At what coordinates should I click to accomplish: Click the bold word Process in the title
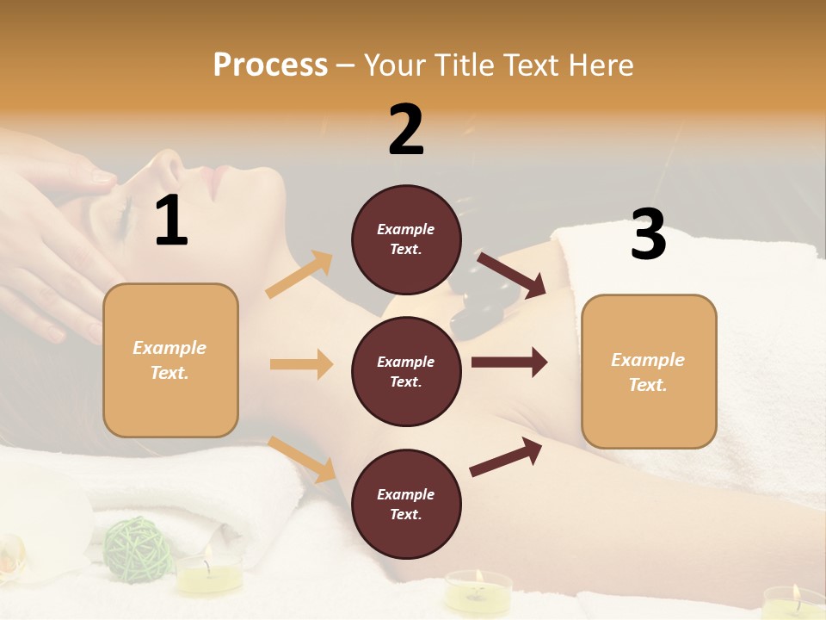(270, 65)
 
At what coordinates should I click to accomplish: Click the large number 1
(171, 220)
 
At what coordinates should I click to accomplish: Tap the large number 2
(406, 129)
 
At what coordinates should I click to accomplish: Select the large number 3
(648, 234)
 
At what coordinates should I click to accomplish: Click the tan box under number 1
(170, 360)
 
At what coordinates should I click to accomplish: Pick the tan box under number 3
(649, 371)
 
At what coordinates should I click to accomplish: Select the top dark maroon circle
(406, 239)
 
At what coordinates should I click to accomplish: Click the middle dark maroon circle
(406, 371)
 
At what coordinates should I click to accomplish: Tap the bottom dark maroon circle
(406, 504)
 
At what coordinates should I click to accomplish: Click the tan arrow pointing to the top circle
(299, 275)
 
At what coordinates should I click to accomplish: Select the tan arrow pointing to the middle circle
(301, 364)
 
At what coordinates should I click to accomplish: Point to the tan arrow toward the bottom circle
(302, 459)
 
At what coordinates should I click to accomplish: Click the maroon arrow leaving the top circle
(512, 275)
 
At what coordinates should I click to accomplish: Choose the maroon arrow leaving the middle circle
(509, 362)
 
